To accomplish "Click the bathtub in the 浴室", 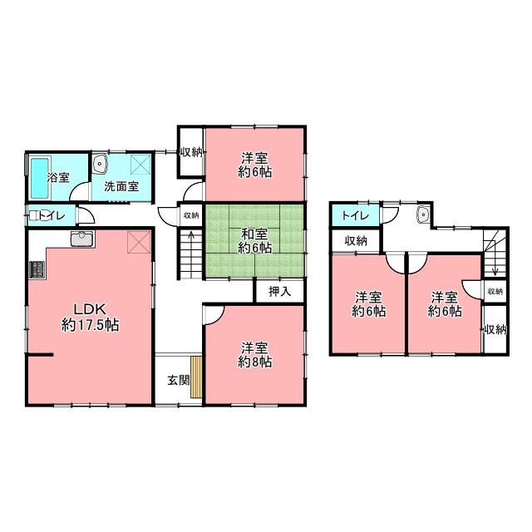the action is pyautogui.click(x=41, y=178).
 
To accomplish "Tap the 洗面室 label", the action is pyautogui.click(x=121, y=186).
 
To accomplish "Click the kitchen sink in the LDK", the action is pyautogui.click(x=82, y=239).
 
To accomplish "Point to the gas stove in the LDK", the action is pyautogui.click(x=37, y=269).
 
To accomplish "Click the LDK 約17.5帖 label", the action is pyautogui.click(x=91, y=318).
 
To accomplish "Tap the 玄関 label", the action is pyautogui.click(x=179, y=381).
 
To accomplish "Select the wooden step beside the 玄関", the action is pyautogui.click(x=196, y=377).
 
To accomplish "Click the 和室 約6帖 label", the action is pyautogui.click(x=254, y=240).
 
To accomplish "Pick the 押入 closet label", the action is pyautogui.click(x=279, y=292).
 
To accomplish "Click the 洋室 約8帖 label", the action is pyautogui.click(x=254, y=355).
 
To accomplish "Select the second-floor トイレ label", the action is pyautogui.click(x=355, y=215).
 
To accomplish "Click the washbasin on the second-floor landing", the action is pyautogui.click(x=423, y=214).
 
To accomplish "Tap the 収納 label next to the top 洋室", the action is pyautogui.click(x=191, y=152).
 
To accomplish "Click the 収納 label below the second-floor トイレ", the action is pyautogui.click(x=356, y=241).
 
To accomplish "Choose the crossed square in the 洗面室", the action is pyautogui.click(x=140, y=165).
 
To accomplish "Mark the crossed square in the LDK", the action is pyautogui.click(x=139, y=242).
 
